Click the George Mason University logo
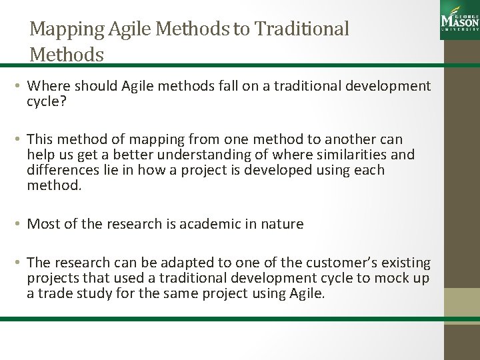[459, 20]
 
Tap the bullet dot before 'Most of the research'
[20, 225]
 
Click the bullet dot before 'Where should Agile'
[20, 86]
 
